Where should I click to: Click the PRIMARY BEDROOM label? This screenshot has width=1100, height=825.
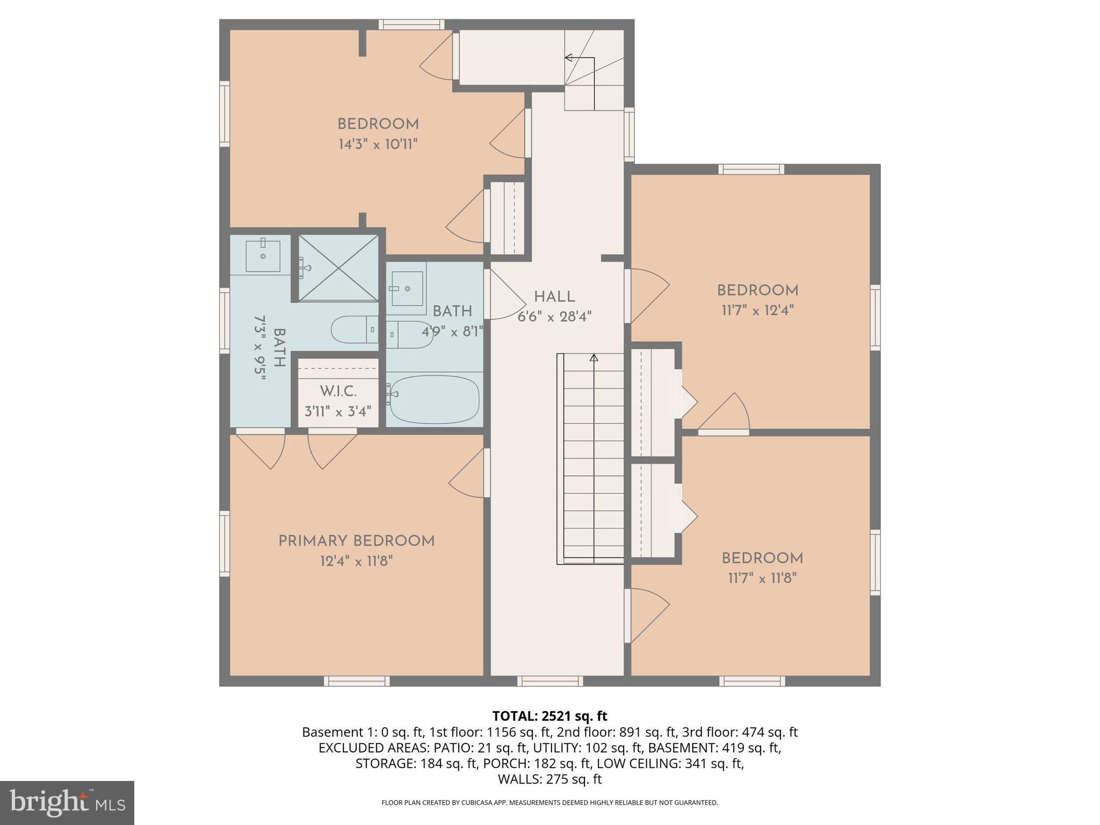[x=356, y=541]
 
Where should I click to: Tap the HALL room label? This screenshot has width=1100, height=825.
[x=554, y=296]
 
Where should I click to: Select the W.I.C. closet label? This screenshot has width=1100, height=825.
[x=338, y=391]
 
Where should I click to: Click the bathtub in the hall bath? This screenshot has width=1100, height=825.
[x=434, y=399]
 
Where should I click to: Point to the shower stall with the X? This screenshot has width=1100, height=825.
[x=338, y=268]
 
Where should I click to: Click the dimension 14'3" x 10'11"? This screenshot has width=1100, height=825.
[x=378, y=144]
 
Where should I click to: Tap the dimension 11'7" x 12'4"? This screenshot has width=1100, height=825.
[x=757, y=310]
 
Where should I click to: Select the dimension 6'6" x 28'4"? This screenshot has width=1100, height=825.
[x=554, y=317]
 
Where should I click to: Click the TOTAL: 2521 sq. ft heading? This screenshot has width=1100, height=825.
[x=549, y=716]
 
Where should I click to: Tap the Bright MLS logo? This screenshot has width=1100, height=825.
[x=67, y=802]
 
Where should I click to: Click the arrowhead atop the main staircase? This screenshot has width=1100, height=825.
[x=594, y=357]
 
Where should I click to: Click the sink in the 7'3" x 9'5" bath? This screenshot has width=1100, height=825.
[x=263, y=256]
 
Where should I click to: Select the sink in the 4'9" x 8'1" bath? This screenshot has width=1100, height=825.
[x=407, y=288]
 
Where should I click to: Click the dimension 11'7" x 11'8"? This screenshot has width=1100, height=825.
[x=762, y=578]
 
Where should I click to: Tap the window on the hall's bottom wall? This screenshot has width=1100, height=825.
[x=550, y=681]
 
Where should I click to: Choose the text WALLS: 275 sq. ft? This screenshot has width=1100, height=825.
[x=549, y=779]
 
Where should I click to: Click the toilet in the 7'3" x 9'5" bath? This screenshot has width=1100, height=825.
[x=354, y=330]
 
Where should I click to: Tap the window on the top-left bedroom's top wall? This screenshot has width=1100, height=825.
[x=411, y=25]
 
